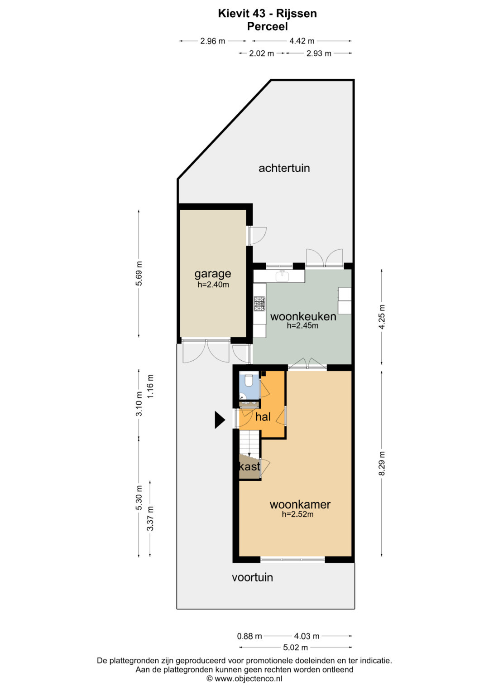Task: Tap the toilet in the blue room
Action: (248, 381)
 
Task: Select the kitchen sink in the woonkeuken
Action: (282, 276)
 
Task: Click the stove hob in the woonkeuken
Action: (259, 303)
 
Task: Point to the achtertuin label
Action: (284, 168)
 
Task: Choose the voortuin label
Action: (253, 577)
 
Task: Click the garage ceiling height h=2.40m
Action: (213, 285)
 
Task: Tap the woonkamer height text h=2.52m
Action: (297, 514)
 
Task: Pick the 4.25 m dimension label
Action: (382, 317)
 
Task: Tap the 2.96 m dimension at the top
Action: (213, 41)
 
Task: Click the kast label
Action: (250, 466)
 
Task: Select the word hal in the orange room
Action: (263, 417)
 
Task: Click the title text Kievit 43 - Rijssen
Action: (267, 14)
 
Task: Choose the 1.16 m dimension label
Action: (150, 386)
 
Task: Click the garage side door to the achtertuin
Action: (256, 236)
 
